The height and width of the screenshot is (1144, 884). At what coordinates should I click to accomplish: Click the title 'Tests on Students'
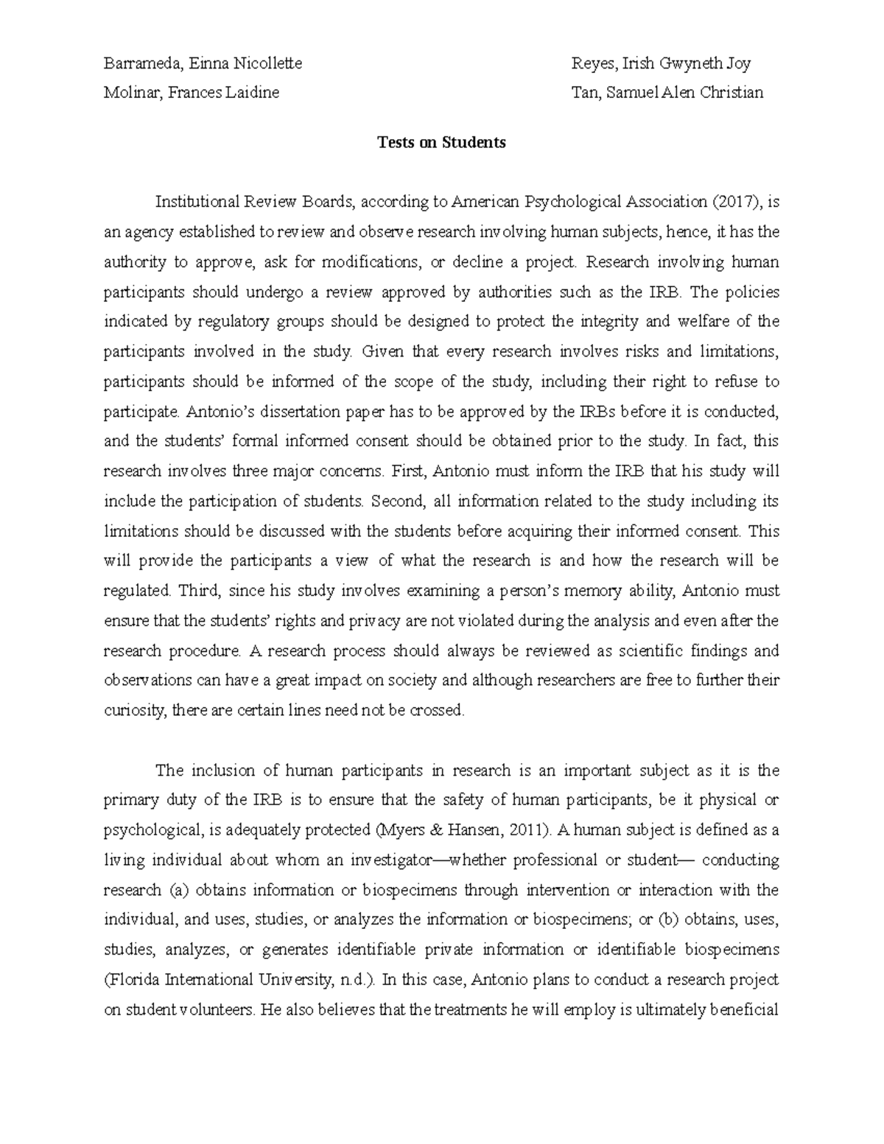coord(441,143)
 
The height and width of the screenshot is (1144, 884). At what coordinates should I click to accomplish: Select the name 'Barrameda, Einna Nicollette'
coord(203,63)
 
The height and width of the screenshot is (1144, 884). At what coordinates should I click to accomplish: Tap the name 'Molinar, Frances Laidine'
coord(192,93)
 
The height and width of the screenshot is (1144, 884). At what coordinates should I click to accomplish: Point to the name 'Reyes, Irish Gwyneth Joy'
coord(661,63)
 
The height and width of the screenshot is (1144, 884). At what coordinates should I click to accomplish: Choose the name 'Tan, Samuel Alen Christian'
coord(667,93)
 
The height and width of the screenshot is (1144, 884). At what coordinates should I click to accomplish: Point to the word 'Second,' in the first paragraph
coord(399,501)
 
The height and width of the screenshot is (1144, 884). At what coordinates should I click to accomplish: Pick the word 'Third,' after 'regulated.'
coord(200,591)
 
